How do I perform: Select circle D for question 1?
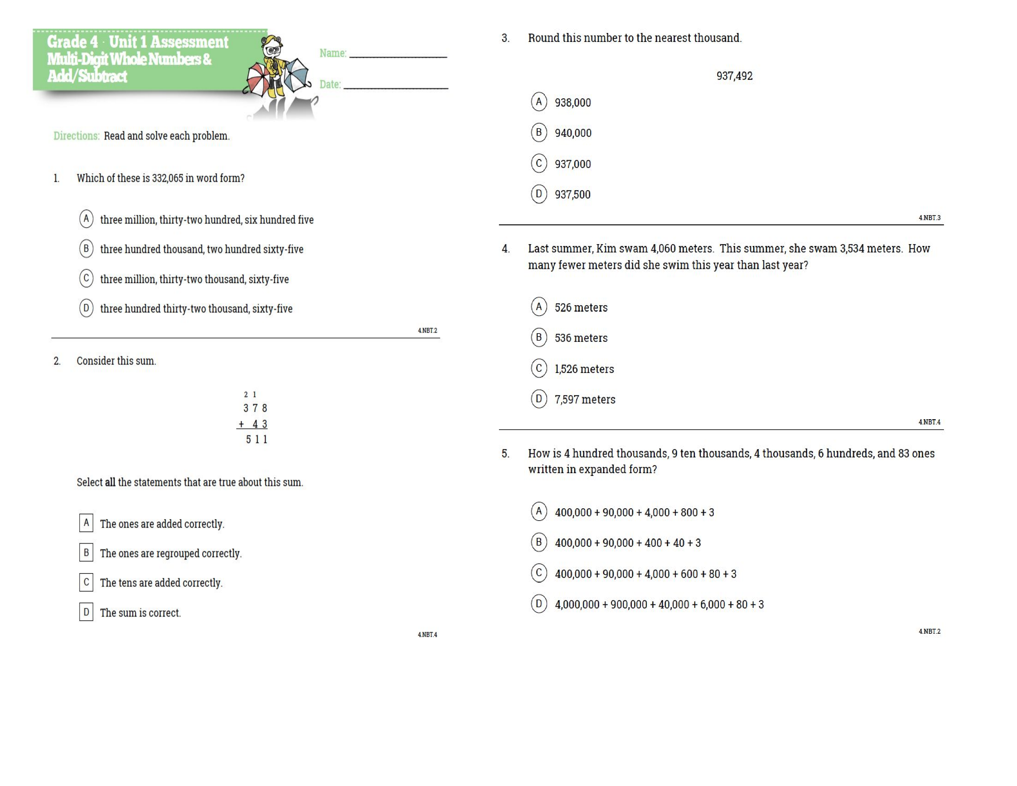click(x=86, y=308)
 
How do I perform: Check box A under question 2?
click(x=86, y=522)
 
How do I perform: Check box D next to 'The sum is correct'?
click(x=86, y=612)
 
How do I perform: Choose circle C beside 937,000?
click(x=539, y=163)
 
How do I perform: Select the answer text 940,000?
click(x=573, y=133)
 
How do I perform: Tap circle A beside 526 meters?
click(x=539, y=306)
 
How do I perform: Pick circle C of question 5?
click(x=539, y=573)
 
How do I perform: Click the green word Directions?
click(x=76, y=136)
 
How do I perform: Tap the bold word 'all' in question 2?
click(x=110, y=482)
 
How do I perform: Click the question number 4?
click(x=505, y=249)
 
